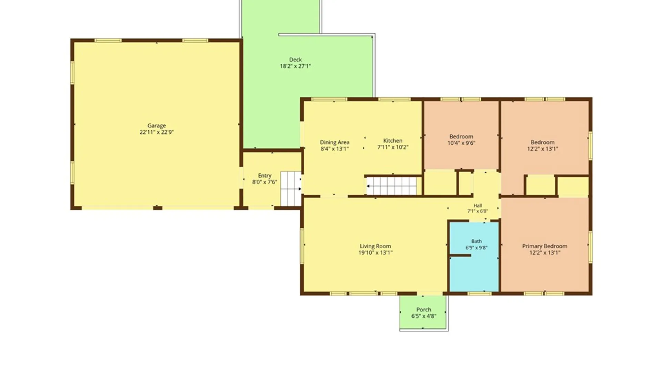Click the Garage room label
point(157,126)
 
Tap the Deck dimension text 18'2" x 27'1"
point(295,66)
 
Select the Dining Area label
point(334,142)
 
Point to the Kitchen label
point(393,141)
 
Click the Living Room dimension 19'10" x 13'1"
point(375,252)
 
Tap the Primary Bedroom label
point(544,246)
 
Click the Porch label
point(424,310)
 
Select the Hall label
point(478,206)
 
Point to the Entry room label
point(264,176)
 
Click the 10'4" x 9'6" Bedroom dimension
point(461,143)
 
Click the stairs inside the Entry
point(291,189)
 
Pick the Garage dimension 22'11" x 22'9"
point(157,132)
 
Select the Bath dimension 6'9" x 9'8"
point(477,248)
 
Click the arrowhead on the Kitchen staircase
point(368,186)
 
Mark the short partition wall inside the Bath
point(460,256)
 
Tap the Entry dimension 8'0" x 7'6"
point(264,182)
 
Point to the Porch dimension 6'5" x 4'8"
point(424,316)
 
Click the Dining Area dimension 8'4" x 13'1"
point(334,149)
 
